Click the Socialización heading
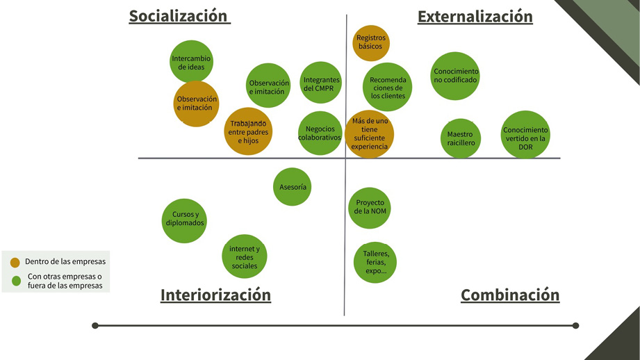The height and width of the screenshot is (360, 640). (179, 16)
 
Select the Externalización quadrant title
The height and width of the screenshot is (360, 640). (475, 16)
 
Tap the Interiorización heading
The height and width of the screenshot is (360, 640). (215, 295)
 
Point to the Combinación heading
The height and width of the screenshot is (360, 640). (510, 295)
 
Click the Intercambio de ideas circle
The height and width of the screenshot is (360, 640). (191, 62)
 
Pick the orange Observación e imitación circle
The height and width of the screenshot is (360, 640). (196, 104)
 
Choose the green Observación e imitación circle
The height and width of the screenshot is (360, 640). (268, 85)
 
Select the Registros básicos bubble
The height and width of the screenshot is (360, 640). (371, 43)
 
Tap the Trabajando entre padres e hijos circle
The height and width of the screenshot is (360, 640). (248, 131)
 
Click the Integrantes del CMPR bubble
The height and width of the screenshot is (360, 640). (321, 83)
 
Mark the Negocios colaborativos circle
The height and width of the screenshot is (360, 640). (320, 133)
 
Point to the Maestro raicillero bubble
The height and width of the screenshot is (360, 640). (461, 138)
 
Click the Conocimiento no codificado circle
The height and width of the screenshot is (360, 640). (455, 76)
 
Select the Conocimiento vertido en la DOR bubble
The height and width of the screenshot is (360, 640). (525, 135)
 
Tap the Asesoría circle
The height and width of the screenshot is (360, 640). (293, 186)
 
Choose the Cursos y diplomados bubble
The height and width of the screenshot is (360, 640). (184, 221)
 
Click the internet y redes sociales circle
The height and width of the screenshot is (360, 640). (245, 256)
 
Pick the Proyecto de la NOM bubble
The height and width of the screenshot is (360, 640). (370, 208)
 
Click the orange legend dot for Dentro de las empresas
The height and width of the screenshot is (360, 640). (15, 263)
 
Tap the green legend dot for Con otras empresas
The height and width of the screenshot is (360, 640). (16, 281)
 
